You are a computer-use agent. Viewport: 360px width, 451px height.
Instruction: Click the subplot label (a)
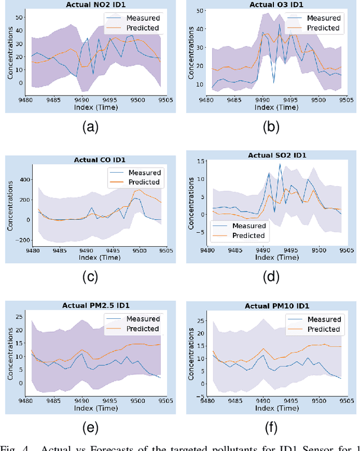coord(89,128)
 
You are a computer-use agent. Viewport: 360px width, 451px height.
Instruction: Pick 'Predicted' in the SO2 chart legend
coord(248,235)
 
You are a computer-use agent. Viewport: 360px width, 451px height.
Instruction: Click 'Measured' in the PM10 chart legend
coord(325,319)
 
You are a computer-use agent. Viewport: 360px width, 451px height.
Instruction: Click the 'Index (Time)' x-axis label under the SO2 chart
coord(276,258)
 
